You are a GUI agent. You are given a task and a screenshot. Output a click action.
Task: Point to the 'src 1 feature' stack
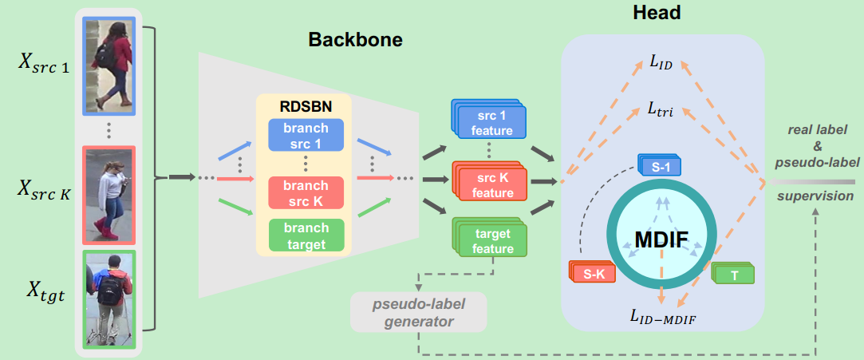tap(487, 122)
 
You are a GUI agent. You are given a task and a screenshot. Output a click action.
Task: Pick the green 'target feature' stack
tap(487, 240)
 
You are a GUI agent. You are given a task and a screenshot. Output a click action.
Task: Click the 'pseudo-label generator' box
tap(418, 313)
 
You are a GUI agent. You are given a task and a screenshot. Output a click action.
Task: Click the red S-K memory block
tap(591, 273)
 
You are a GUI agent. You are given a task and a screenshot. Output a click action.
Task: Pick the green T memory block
tap(732, 274)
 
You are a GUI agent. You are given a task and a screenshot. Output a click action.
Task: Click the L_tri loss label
tap(661, 110)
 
